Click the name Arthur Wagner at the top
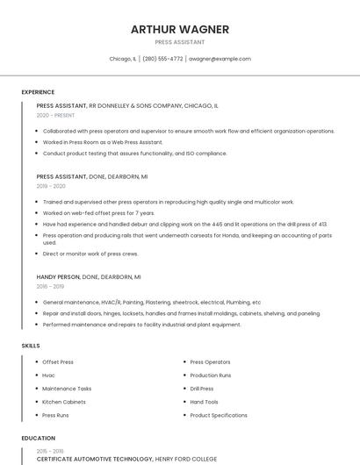tap(180, 29)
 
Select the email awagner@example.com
tap(220, 59)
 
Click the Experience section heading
tap(38, 92)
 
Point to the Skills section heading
tap(31, 346)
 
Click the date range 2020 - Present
tap(55, 115)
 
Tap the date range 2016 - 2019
tap(50, 286)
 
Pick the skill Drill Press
tap(202, 389)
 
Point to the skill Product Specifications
tap(219, 415)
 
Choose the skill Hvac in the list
tap(48, 376)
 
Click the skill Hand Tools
tap(204, 402)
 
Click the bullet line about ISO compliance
tap(134, 154)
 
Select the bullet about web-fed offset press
tap(98, 213)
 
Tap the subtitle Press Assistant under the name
tap(180, 42)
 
